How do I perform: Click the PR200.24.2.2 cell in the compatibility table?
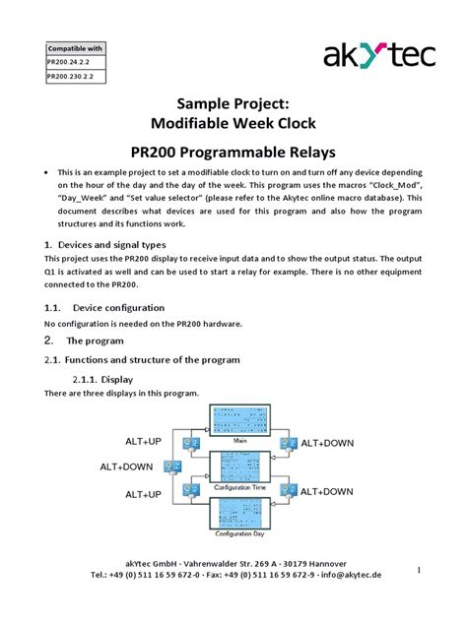74,60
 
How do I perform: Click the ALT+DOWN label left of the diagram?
126,466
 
